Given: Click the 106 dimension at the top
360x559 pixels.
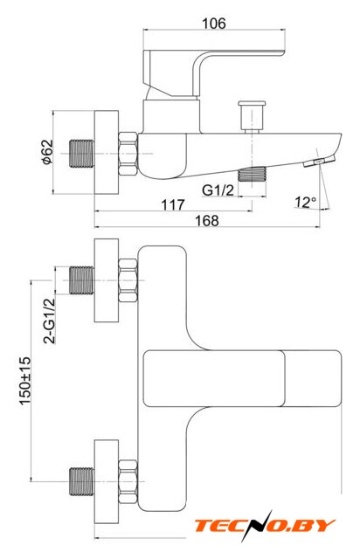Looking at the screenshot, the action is pyautogui.click(x=214, y=24).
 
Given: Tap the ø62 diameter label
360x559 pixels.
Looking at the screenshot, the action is pyautogui.click(x=46, y=152).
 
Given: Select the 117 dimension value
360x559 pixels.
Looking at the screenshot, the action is pyautogui.click(x=173, y=204).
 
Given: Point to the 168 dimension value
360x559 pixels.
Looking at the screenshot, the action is pyautogui.click(x=206, y=220).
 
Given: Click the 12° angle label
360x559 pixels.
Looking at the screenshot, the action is pyautogui.click(x=305, y=202).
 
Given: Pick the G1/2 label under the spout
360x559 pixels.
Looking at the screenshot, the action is pyautogui.click(x=218, y=190).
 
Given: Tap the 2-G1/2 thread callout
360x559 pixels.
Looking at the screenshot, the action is pyautogui.click(x=49, y=321).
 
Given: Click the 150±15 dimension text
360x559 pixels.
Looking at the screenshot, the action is pyautogui.click(x=25, y=381).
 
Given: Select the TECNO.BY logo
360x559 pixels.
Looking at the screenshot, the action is pyautogui.click(x=265, y=526).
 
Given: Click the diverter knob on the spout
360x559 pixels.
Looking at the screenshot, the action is pyautogui.click(x=252, y=116).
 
